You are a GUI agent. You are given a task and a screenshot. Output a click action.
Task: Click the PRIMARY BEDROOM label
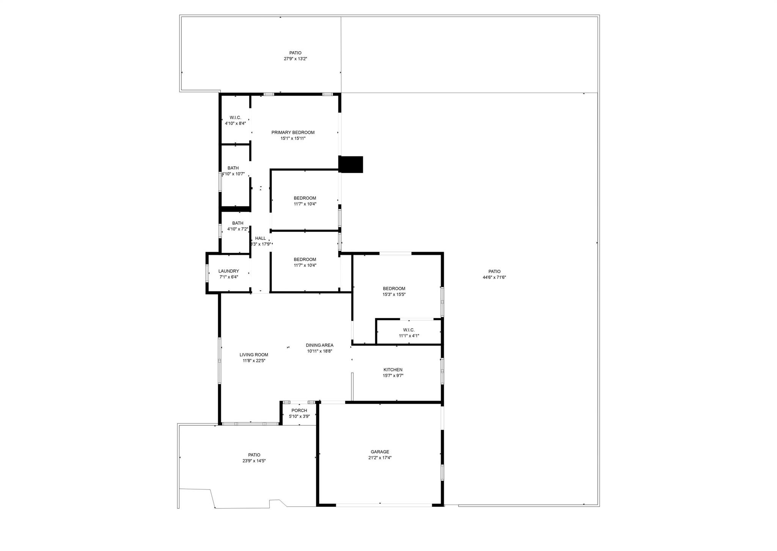point(293,132)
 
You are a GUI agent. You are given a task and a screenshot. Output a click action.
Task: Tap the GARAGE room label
point(380,452)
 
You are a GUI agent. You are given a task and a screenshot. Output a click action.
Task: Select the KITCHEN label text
point(393,370)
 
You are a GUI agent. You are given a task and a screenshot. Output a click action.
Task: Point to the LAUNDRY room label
point(229,271)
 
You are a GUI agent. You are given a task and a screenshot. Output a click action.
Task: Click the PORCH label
point(299,411)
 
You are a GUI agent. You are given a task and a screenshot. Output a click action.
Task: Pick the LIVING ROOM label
point(254,355)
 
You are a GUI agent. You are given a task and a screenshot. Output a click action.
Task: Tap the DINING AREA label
point(320,345)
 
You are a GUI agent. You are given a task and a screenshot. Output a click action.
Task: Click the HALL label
point(261,238)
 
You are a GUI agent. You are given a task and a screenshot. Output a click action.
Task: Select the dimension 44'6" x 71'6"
point(494,277)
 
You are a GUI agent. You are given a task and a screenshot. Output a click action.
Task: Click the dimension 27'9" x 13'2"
point(296,59)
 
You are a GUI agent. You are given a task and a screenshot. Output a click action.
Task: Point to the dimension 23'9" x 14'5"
point(254,461)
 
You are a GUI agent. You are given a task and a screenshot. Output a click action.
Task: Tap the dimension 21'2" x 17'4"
point(380,458)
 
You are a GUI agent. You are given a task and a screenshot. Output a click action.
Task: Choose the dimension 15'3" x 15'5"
point(394,294)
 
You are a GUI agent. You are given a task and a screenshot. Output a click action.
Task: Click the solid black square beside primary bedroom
point(351,165)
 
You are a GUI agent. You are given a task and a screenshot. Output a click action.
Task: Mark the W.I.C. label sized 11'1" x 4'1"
point(409,330)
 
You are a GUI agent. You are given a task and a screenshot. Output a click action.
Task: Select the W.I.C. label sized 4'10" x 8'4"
point(235,118)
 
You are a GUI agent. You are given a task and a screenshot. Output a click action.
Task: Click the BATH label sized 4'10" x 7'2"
point(238,223)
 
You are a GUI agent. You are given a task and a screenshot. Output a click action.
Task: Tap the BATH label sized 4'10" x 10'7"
point(233,168)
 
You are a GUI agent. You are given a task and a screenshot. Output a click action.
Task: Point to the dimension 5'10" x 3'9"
point(299,416)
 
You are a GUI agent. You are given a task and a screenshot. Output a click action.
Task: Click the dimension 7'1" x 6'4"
point(229,277)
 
